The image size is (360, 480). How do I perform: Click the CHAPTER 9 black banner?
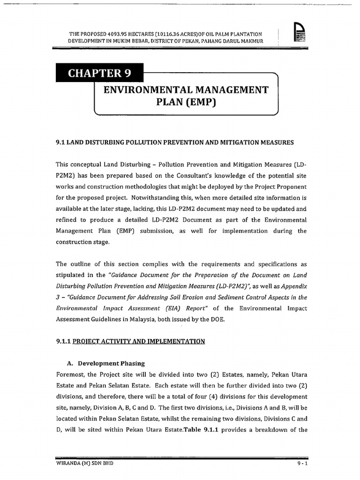99,73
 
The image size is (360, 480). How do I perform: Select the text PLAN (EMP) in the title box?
186,102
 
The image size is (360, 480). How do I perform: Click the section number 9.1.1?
62,341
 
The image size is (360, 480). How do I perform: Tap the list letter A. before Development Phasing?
71,363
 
